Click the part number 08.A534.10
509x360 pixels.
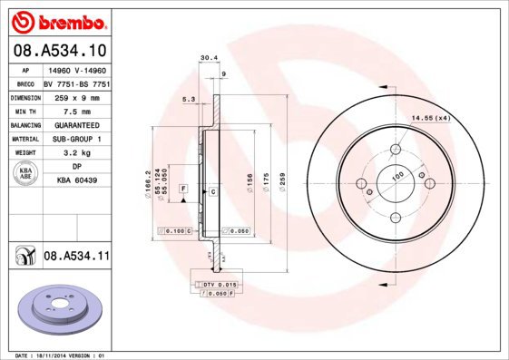(x=60, y=52)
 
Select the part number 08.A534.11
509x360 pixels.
(x=76, y=258)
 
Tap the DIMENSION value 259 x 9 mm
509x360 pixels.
(x=77, y=96)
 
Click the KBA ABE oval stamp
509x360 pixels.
(x=25, y=174)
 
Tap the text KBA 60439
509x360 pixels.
(x=77, y=181)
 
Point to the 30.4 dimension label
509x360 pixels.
(x=208, y=58)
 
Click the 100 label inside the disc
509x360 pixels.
(x=396, y=175)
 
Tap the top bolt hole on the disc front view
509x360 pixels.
(x=396, y=150)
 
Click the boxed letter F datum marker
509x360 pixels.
(x=183, y=188)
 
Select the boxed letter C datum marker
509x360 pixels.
(x=212, y=192)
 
